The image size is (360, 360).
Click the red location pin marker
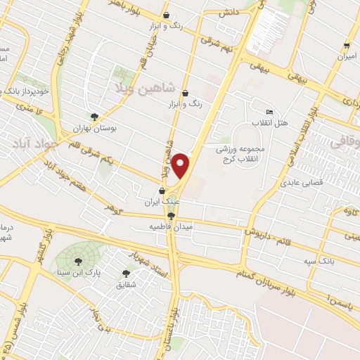coord(182,166)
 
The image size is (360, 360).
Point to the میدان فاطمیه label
coord(168,228)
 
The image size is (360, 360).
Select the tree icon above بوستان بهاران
coord(95,117)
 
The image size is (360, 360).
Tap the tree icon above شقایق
coord(127,273)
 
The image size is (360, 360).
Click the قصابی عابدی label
coord(300,182)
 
